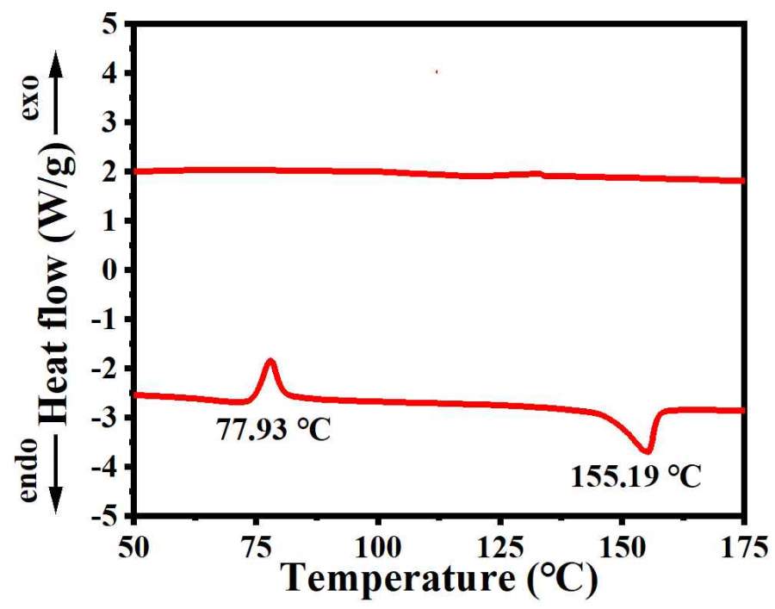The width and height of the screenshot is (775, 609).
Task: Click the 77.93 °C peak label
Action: (273, 427)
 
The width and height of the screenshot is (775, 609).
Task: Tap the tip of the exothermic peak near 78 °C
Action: (271, 360)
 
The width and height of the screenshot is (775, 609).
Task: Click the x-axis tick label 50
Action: (134, 545)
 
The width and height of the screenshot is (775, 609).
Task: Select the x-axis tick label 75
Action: (256, 545)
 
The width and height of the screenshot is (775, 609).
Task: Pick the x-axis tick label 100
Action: (378, 545)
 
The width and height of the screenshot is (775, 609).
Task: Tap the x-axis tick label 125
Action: (500, 545)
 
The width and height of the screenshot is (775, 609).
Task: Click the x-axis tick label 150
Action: (622, 545)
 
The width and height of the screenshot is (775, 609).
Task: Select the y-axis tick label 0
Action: (109, 270)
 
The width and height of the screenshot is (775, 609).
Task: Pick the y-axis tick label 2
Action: (109, 172)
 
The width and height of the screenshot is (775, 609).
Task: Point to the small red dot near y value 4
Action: (437, 72)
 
